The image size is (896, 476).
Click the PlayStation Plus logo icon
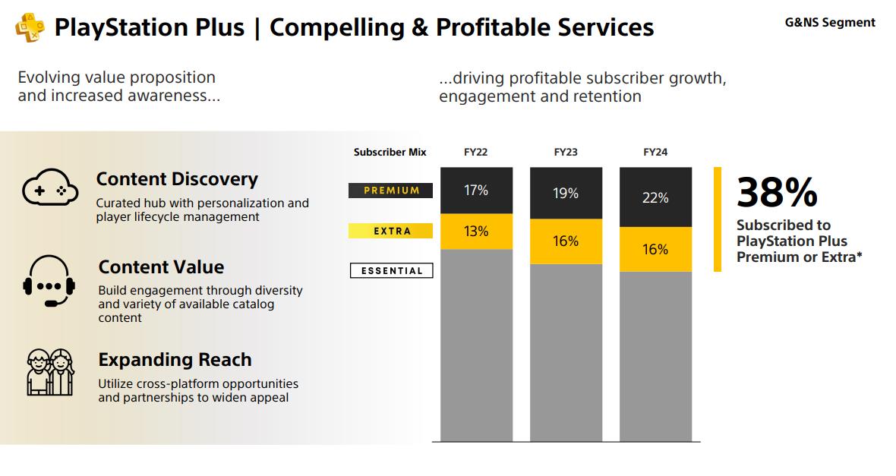pyautogui.click(x=30, y=28)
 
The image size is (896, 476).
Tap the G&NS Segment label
pyautogui.click(x=830, y=22)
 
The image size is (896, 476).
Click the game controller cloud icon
pyautogui.click(x=50, y=188)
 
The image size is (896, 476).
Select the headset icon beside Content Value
pyautogui.click(x=49, y=281)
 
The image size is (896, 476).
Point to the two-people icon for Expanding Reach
pyautogui.click(x=50, y=372)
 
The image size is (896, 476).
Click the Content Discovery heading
pyautogui.click(x=177, y=179)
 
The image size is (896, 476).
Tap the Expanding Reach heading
pyautogui.click(x=175, y=359)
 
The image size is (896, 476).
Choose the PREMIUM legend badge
pyautogui.click(x=391, y=191)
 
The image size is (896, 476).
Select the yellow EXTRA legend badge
pyautogui.click(x=391, y=231)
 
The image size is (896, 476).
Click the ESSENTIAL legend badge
pyautogui.click(x=391, y=270)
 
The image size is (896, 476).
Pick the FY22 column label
pyautogui.click(x=475, y=152)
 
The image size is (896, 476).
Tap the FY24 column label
pyautogui.click(x=655, y=152)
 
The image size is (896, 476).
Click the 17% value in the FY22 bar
pyautogui.click(x=476, y=191)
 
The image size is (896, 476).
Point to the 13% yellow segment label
pyautogui.click(x=476, y=232)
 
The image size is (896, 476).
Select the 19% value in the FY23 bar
pyautogui.click(x=566, y=193)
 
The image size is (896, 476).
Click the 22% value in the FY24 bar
pyautogui.click(x=655, y=197)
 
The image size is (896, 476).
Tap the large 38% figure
pyautogui.click(x=777, y=192)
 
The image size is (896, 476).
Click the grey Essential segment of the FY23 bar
pyautogui.click(x=566, y=352)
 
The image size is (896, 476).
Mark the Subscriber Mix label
pyautogui.click(x=390, y=152)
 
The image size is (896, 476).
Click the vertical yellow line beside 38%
pyautogui.click(x=718, y=219)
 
